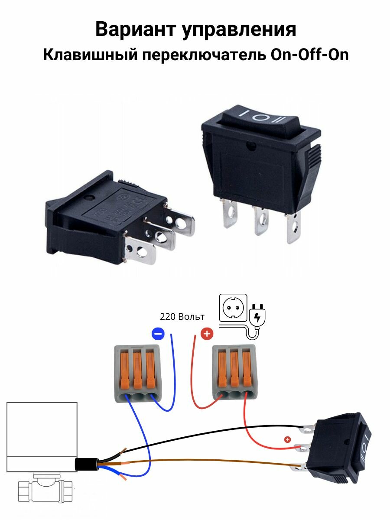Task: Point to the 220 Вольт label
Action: (x=182, y=317)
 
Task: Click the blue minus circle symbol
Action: (x=158, y=334)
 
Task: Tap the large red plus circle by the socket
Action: (x=207, y=334)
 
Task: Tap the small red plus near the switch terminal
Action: (x=287, y=439)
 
